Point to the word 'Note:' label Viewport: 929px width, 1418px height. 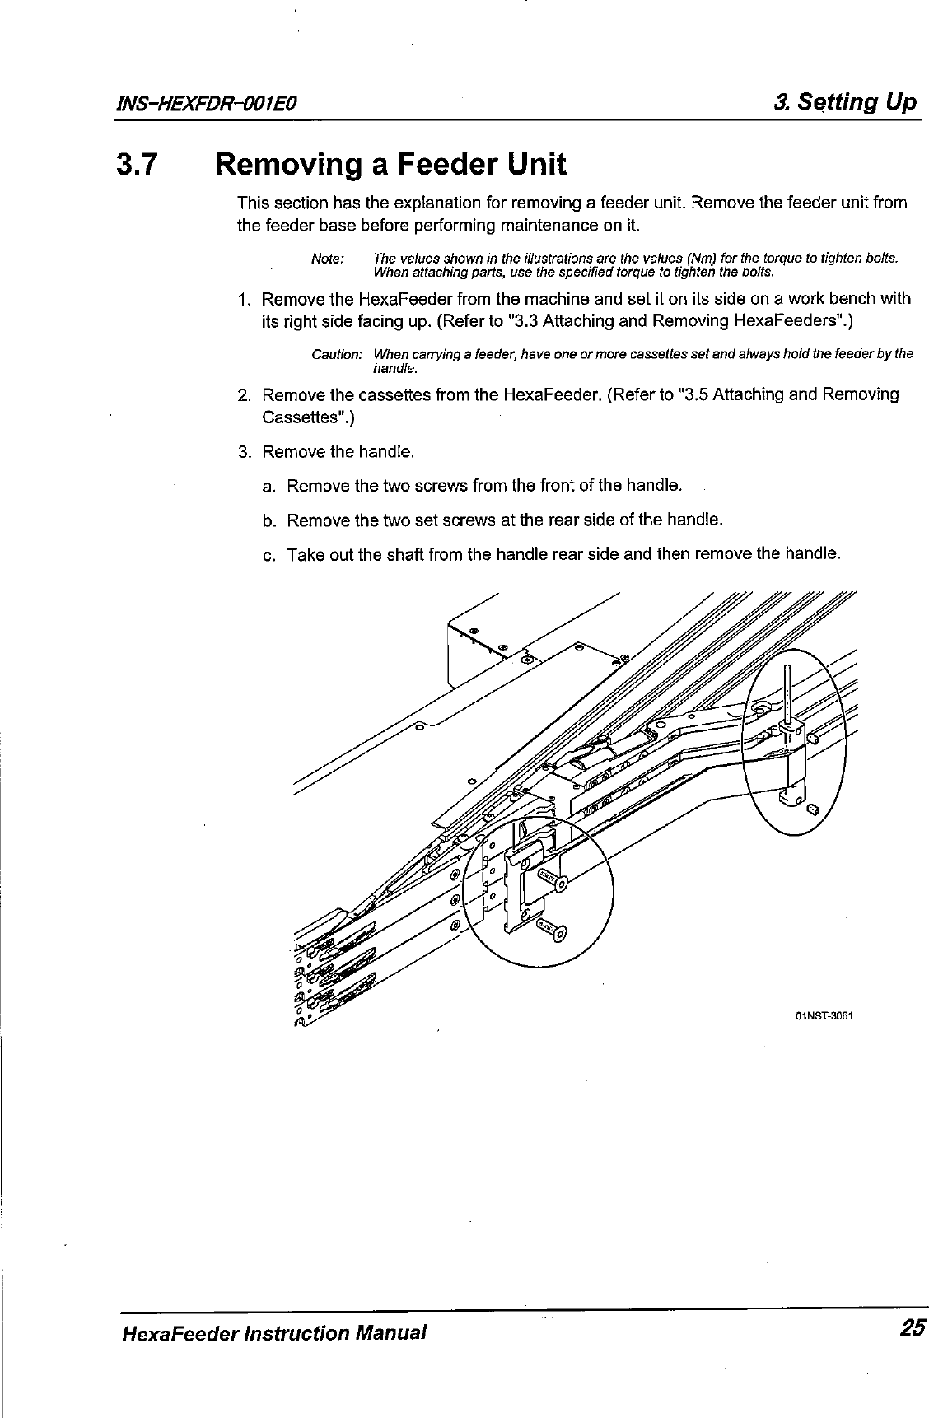coord(328,259)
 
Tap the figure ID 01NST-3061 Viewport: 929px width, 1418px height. coord(823,1015)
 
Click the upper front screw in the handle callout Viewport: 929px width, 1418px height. coord(550,881)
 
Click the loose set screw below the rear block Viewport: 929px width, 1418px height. coord(814,809)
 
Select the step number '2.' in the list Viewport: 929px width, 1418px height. coord(244,395)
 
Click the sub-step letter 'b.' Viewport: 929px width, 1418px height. coord(267,520)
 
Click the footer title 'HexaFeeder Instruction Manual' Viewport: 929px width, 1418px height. coord(273,1331)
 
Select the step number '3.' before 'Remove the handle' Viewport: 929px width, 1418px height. coord(244,452)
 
